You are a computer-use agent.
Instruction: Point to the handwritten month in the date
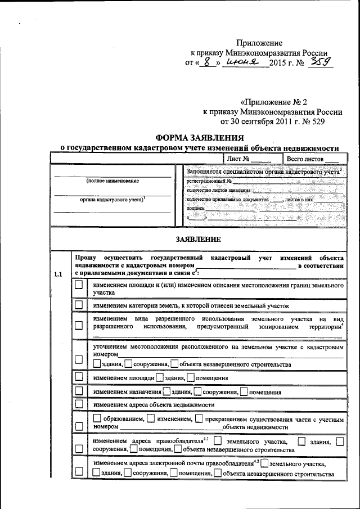pyautogui.click(x=242, y=62)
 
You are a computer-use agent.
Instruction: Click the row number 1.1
pyautogui.click(x=58, y=274)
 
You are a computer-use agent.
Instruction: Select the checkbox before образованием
pyautogui.click(x=97, y=418)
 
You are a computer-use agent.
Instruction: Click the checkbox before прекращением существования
pyautogui.click(x=200, y=418)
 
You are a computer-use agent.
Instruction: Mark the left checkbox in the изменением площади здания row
pyautogui.click(x=79, y=378)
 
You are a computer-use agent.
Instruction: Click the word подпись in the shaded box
pyautogui.click(x=195, y=207)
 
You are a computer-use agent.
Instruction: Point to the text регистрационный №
pyautogui.click(x=208, y=181)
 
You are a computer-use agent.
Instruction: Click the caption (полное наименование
pyautogui.click(x=112, y=181)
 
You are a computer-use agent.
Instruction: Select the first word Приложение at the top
pyautogui.click(x=259, y=43)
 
